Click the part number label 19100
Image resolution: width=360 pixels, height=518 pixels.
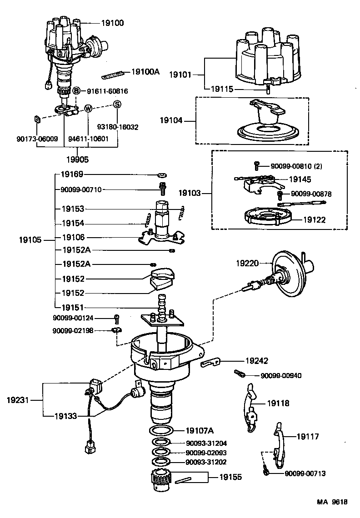pos(111,22)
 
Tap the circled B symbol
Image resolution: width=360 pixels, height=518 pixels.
pos(77,91)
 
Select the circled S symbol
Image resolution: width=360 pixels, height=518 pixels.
pos(117,104)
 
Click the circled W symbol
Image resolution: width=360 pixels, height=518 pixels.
pos(88,109)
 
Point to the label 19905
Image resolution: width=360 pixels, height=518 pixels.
pos(77,159)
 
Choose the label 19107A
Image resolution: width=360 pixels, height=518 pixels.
pos(200,430)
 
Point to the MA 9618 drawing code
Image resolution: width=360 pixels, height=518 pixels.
pos(332,502)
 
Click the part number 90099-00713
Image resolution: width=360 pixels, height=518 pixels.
pos(305,473)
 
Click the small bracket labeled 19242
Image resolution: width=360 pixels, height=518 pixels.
pos(210,362)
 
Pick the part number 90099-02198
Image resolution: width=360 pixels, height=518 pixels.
pos(73,331)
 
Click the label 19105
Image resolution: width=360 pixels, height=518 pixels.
pos(30,239)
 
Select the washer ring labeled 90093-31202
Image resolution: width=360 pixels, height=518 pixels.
pos(160,462)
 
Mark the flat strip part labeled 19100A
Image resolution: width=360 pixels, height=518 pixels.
pos(114,73)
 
